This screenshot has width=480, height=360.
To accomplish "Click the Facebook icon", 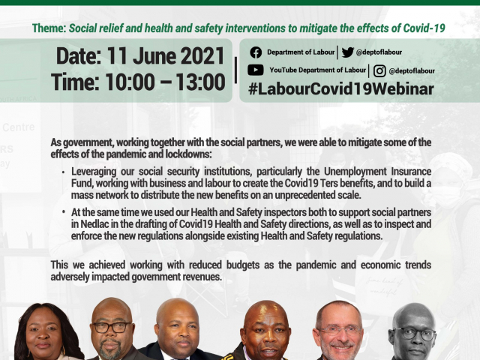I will pos(256,52).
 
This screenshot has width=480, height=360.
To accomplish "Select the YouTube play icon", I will pos(256,70).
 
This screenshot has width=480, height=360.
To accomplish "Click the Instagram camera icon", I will pos(379,70).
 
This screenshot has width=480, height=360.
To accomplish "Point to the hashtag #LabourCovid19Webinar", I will pos(340,88).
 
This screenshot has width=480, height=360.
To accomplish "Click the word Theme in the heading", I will pos(48,28).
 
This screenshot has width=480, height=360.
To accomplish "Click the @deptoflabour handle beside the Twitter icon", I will pos(379,52).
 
